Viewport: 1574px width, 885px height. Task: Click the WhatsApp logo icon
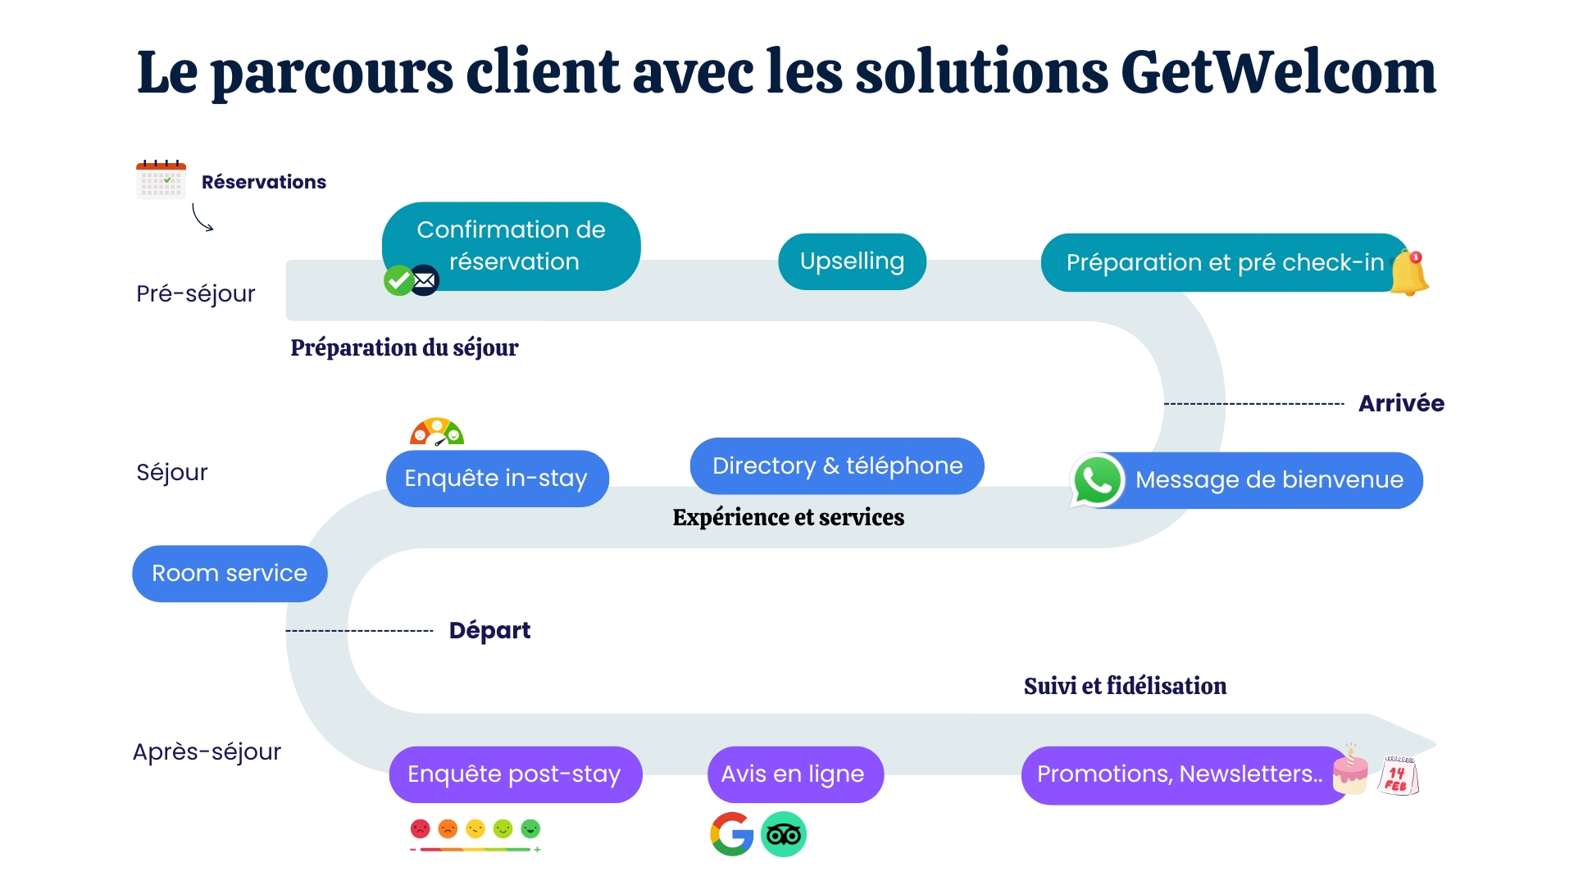[1097, 480]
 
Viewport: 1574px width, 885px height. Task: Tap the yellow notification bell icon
[1410, 273]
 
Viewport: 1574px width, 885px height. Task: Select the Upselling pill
[852, 261]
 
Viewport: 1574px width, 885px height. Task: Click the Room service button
[230, 574]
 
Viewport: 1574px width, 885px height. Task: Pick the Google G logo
[732, 834]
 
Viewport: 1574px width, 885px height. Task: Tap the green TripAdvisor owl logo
[784, 834]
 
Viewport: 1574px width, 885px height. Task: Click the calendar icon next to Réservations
[161, 179]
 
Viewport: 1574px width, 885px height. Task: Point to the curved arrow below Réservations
[202, 218]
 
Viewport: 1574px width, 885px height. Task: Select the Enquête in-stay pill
[497, 479]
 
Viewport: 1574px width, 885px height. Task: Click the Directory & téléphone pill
[837, 466]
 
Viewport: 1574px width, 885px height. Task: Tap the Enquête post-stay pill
[515, 774]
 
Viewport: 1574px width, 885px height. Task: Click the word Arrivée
[1401, 403]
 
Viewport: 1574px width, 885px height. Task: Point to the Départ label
[489, 630]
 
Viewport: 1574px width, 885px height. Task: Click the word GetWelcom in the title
[1278, 72]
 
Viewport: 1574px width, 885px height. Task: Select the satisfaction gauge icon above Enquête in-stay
[437, 432]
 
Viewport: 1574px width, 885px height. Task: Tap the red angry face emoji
[420, 829]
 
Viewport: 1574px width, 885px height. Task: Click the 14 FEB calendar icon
[1399, 775]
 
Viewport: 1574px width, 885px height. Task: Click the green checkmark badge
[398, 281]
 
